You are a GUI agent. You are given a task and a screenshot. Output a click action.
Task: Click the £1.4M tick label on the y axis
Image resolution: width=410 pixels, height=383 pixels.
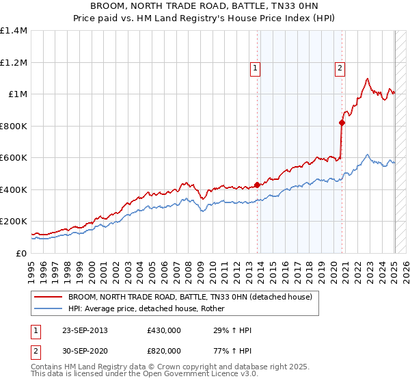coord(14,31)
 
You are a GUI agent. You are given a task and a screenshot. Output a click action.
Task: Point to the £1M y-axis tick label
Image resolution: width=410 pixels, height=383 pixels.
coord(17,94)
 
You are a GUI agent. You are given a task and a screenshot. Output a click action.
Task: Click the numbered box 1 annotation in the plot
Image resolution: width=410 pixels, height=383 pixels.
coord(255,68)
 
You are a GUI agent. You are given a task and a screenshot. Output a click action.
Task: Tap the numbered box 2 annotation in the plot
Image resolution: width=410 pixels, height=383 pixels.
coord(340,68)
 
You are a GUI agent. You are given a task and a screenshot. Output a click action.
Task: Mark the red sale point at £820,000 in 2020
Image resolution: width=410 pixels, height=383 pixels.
coord(342,123)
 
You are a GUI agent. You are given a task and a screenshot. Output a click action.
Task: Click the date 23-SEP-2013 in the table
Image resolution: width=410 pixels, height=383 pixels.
coord(83,330)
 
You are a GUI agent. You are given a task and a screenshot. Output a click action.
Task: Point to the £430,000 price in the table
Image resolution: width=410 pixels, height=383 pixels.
coord(164,330)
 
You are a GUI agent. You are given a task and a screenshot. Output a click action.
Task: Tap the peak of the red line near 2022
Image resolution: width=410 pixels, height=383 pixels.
coord(368,79)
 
